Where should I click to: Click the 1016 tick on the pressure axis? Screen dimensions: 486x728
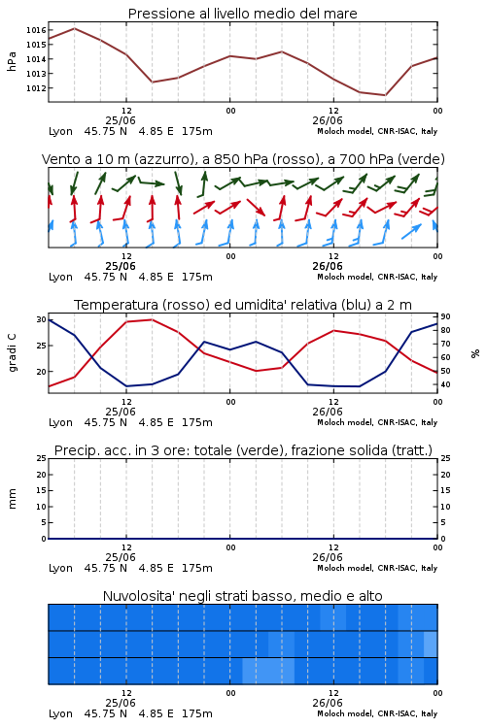[36, 30]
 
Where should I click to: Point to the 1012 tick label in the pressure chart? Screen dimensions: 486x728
[36, 88]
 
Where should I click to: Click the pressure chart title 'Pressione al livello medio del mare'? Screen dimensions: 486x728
[243, 14]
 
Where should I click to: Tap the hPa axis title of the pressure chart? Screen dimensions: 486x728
[12, 61]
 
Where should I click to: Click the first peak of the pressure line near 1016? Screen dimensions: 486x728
[75, 28]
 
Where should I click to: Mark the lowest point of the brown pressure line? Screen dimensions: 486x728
[385, 95]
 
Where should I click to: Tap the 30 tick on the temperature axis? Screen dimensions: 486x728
[41, 319]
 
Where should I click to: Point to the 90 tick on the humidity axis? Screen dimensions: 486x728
[445, 316]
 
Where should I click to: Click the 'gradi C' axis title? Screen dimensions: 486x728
[13, 353]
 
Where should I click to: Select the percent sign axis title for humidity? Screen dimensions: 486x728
[475, 353]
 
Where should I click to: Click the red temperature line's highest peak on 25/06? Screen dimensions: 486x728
[152, 319]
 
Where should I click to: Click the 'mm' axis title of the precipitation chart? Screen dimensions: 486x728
[13, 499]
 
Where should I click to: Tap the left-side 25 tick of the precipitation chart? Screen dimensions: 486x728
[41, 458]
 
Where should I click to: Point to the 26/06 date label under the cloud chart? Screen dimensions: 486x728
[328, 703]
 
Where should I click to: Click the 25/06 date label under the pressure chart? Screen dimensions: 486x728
[121, 120]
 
